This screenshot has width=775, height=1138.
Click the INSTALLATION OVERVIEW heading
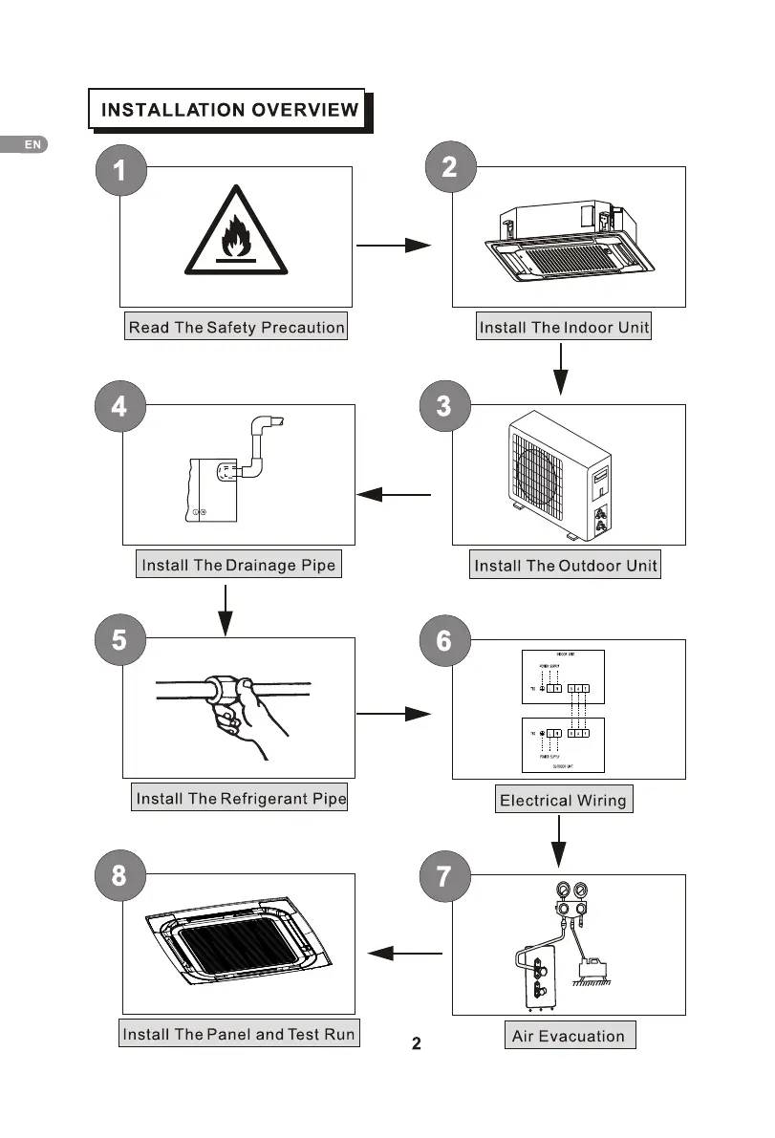pyautogui.click(x=229, y=109)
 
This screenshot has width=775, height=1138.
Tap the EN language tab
pyautogui.click(x=32, y=144)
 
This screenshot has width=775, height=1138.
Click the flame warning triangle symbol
pyautogui.click(x=234, y=231)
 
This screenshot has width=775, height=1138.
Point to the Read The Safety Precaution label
pyautogui.click(x=236, y=328)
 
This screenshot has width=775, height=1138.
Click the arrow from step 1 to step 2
pyautogui.click(x=394, y=246)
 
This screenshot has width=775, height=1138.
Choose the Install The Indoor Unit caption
pyautogui.click(x=564, y=328)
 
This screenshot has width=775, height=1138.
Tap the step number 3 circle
pyautogui.click(x=444, y=406)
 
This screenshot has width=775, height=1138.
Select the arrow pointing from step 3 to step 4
pyautogui.click(x=394, y=495)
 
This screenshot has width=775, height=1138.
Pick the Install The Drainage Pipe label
pyautogui.click(x=238, y=565)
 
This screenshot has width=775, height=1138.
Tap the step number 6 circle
pyautogui.click(x=444, y=640)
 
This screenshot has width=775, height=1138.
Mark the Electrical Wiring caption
pyautogui.click(x=563, y=801)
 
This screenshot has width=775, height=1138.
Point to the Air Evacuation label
pyautogui.click(x=568, y=1036)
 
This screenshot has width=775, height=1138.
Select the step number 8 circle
pyautogui.click(x=118, y=875)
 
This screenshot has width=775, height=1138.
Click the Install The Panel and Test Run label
pyautogui.click(x=238, y=1034)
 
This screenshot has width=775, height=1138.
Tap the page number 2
pyautogui.click(x=417, y=1043)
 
